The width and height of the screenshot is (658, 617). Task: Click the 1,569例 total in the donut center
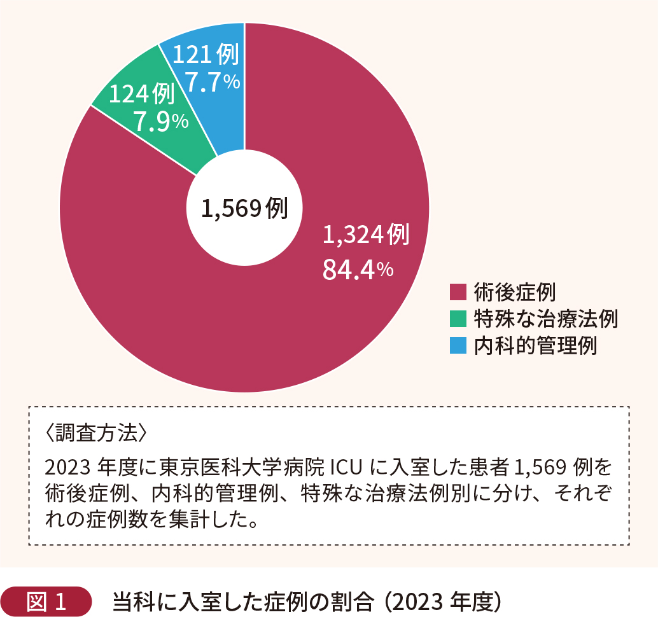(x=244, y=208)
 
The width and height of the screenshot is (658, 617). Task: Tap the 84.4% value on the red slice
(x=358, y=269)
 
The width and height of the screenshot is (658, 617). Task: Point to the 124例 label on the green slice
(x=142, y=95)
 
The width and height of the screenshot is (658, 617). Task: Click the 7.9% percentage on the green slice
(x=160, y=121)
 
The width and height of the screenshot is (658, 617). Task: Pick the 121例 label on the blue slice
(x=206, y=55)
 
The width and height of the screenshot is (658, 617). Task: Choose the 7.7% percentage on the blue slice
(x=211, y=81)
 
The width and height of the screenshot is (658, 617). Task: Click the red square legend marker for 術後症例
(x=458, y=291)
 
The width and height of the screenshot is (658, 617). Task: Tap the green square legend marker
(x=458, y=319)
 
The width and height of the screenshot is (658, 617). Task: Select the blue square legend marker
(x=458, y=346)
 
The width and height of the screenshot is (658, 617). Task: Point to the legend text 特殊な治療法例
(x=545, y=319)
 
